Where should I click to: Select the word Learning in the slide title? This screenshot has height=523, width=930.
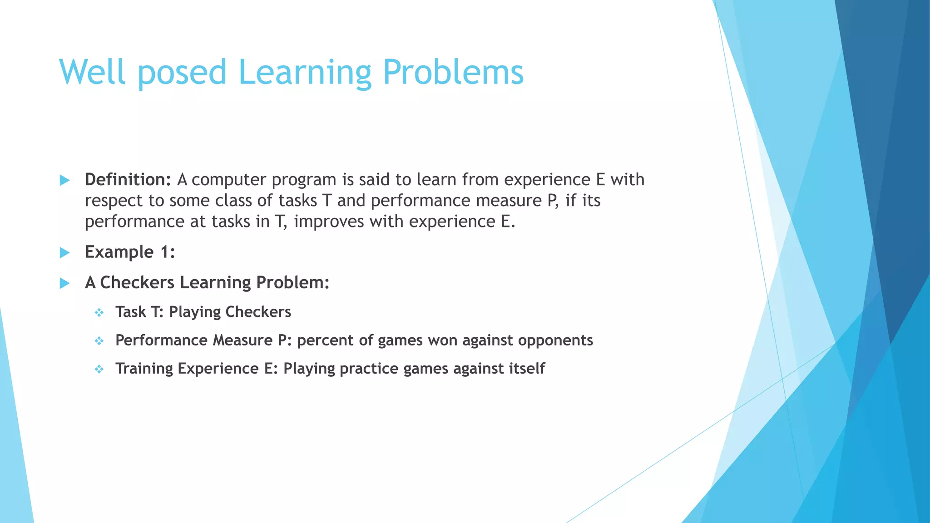point(304,73)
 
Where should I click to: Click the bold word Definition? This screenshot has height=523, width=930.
point(128,180)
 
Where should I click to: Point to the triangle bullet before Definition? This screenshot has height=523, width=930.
point(64,180)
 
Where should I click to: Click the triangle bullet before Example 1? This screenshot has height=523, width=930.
point(64,252)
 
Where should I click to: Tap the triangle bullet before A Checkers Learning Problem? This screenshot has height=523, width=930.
point(64,283)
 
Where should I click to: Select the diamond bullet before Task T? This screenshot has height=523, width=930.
point(99,312)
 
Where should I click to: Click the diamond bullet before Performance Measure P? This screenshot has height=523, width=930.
point(99,341)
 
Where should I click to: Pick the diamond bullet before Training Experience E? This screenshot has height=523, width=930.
point(99,369)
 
